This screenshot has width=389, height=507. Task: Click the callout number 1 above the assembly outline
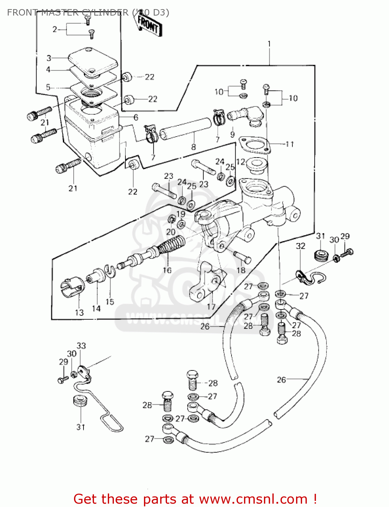click(x=269, y=44)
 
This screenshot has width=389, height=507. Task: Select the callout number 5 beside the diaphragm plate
click(x=48, y=88)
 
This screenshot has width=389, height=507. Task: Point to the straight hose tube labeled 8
click(x=185, y=128)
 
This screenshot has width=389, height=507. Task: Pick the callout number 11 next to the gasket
click(x=290, y=144)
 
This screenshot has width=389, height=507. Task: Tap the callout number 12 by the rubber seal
click(x=241, y=162)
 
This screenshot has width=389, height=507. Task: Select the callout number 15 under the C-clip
click(x=110, y=302)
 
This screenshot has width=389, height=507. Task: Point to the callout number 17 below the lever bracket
click(x=211, y=307)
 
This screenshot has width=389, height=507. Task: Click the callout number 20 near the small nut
click(x=171, y=232)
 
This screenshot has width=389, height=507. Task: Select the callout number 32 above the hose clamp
click(x=300, y=246)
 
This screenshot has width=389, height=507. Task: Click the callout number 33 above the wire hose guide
click(x=81, y=346)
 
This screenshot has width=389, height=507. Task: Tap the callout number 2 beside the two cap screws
click(x=55, y=29)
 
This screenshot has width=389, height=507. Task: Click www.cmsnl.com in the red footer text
click(x=253, y=499)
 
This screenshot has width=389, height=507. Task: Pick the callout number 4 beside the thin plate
click(x=48, y=70)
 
